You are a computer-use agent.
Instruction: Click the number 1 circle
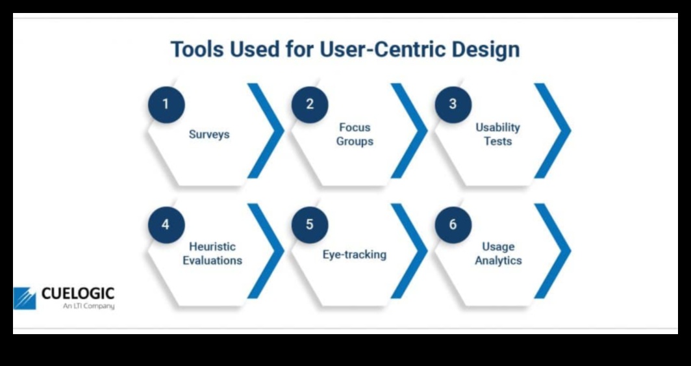pyautogui.click(x=166, y=104)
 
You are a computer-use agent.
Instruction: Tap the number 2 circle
pyautogui.click(x=310, y=104)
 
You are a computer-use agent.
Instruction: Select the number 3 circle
pyautogui.click(x=453, y=104)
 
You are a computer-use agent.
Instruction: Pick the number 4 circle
pyautogui.click(x=166, y=225)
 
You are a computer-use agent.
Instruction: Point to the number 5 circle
pyautogui.click(x=310, y=225)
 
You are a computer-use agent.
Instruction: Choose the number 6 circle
pyautogui.click(x=453, y=225)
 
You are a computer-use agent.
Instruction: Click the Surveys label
pyautogui.click(x=209, y=135)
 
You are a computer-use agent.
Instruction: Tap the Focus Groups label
pyautogui.click(x=355, y=135)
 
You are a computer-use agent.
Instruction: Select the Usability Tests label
pyautogui.click(x=498, y=135)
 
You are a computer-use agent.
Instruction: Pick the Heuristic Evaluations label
pyautogui.click(x=212, y=254)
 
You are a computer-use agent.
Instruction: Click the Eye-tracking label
pyautogui.click(x=355, y=254)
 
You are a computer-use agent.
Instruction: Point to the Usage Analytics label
pyautogui.click(x=498, y=254)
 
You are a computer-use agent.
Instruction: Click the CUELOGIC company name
pyautogui.click(x=77, y=294)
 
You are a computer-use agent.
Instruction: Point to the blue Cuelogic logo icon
pyautogui.click(x=25, y=298)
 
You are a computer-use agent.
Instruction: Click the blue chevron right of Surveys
pyautogui.click(x=268, y=130)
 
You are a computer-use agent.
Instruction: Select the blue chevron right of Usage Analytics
pyautogui.click(x=554, y=251)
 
